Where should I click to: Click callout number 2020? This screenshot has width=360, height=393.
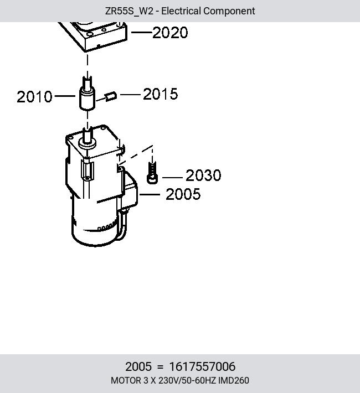point(170,33)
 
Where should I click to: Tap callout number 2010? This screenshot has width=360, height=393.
point(34,97)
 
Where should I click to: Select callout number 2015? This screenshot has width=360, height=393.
point(161,94)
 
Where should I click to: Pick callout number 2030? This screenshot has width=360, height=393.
point(203,175)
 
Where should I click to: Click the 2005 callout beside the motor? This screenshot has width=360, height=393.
point(183,194)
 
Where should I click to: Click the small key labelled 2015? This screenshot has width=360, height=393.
point(111,96)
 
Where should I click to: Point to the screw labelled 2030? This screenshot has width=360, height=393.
point(152,173)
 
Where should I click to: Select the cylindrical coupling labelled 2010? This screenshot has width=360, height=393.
point(88,99)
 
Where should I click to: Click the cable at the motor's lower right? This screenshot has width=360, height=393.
point(122,226)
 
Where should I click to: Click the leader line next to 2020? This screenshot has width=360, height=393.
point(142,32)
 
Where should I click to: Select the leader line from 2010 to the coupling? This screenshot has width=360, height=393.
point(65,96)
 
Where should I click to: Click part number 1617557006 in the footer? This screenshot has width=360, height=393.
point(203,366)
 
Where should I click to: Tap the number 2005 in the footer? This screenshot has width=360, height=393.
point(138,366)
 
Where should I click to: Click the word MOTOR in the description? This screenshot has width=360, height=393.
point(126,381)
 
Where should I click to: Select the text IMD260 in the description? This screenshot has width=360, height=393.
point(234,381)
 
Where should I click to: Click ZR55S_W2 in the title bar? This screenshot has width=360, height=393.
point(129,11)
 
